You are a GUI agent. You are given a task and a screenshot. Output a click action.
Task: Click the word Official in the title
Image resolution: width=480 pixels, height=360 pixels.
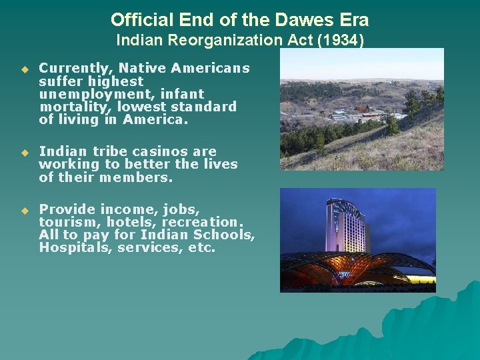137,19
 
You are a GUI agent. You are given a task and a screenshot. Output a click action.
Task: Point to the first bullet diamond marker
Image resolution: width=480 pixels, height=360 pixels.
25,69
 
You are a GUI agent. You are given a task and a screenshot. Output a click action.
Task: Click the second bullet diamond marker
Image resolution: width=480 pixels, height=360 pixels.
25,153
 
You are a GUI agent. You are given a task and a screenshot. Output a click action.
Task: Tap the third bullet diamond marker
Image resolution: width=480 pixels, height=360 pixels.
25,211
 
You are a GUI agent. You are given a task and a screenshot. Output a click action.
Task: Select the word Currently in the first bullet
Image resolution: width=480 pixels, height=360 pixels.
69,68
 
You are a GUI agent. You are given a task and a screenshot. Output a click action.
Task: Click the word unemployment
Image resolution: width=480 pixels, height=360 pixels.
85,94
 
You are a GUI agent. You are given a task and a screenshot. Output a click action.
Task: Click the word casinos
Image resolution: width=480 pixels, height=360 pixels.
145,152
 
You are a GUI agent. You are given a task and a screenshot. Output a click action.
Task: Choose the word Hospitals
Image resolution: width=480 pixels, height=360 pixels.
73,248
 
